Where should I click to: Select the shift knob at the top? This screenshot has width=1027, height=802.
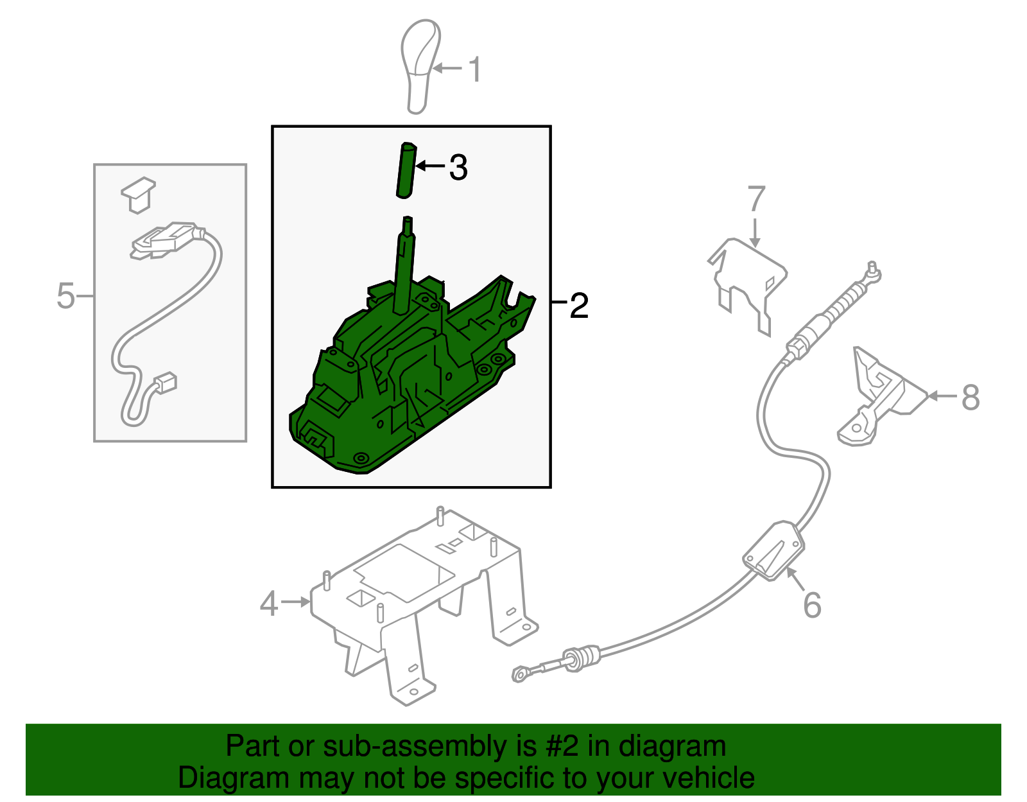coord(420,66)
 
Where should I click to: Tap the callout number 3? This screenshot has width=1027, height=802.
coord(458,168)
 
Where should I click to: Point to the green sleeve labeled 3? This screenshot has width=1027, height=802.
coord(406,170)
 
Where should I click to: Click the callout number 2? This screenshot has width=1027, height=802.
coord(579,305)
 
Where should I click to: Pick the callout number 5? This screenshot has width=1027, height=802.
coord(65,296)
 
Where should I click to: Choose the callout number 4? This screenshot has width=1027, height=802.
coord(269,604)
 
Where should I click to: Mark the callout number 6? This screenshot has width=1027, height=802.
coord(812,604)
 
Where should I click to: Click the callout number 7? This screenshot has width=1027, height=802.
coord(755,198)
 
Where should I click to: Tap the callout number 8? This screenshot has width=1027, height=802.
coord(971,397)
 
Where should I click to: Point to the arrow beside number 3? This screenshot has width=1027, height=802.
coord(430,166)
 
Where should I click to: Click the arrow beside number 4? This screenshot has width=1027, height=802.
coord(296,602)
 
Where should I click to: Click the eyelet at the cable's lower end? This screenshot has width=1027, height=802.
coord(521,674)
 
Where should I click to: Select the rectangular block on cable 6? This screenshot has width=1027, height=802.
coord(773,550)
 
